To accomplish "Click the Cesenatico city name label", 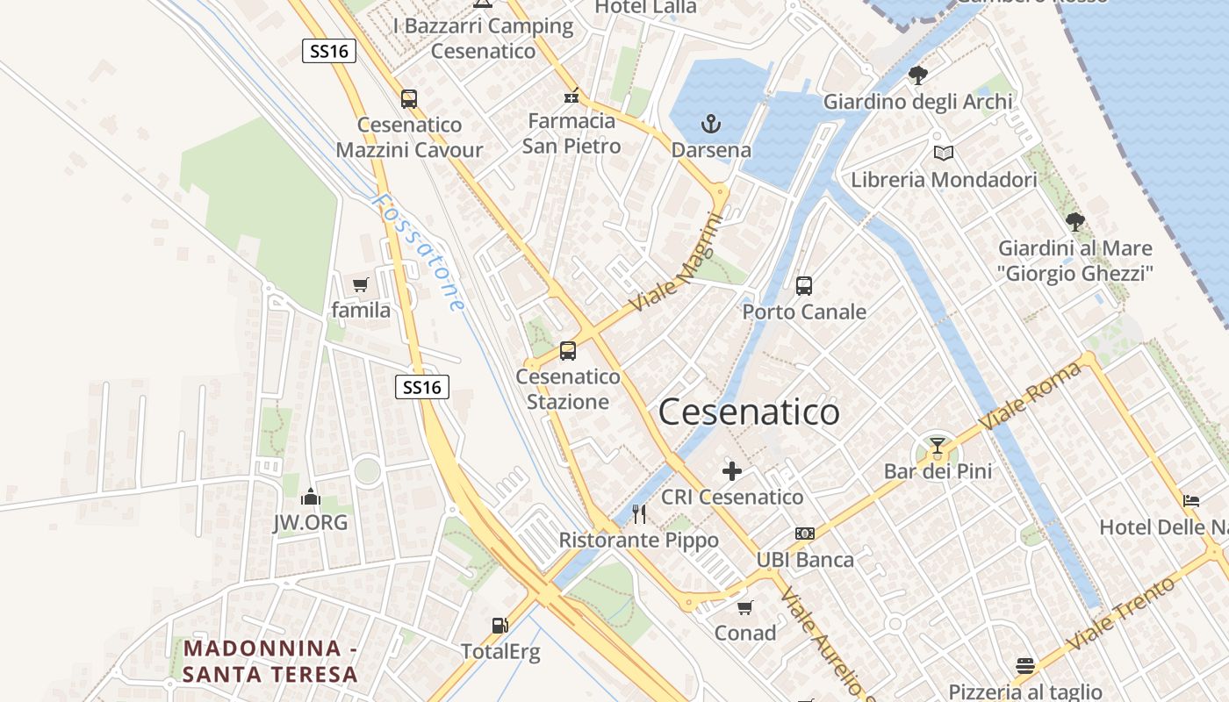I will (x=749, y=412).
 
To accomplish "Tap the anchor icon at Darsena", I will (x=711, y=125).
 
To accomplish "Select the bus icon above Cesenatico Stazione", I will (x=568, y=351).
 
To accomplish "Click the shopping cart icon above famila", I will (x=360, y=284).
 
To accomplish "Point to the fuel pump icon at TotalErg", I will (x=500, y=626).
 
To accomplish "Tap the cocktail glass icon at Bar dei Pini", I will (x=938, y=446).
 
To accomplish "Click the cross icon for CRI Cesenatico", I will (x=731, y=471).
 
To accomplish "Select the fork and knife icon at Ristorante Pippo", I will (x=639, y=514).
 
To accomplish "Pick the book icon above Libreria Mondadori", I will (x=944, y=154).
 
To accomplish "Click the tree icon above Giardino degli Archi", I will (x=918, y=75).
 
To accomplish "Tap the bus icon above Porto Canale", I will (x=804, y=286).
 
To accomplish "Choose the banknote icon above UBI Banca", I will (x=805, y=534).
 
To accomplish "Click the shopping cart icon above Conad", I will (x=745, y=607).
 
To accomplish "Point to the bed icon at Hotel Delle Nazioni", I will (x=1191, y=501).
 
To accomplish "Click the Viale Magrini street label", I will (x=676, y=263).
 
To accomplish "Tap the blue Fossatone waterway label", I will (x=418, y=252).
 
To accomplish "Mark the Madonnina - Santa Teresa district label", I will (x=270, y=662).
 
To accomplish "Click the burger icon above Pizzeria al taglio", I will (x=1025, y=665).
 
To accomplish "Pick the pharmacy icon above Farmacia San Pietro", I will (x=571, y=96).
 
